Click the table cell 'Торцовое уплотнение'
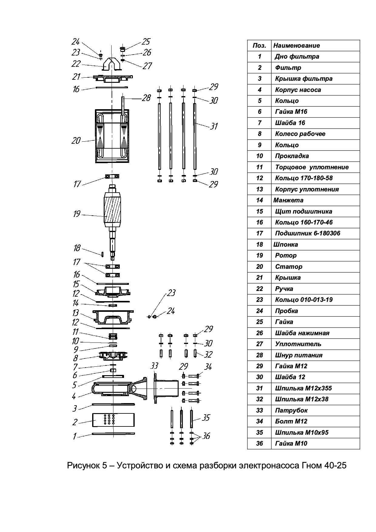312,167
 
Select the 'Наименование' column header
296,45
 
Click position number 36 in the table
259,443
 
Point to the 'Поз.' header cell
259,45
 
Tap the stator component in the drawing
112,136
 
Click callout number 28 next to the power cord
146,98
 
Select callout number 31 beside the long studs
214,126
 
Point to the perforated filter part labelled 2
112,420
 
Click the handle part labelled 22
112,64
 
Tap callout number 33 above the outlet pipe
154,366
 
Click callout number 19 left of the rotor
77,214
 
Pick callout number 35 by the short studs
206,418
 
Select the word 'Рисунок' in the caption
82,466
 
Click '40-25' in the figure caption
335,466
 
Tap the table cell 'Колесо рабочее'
300,134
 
